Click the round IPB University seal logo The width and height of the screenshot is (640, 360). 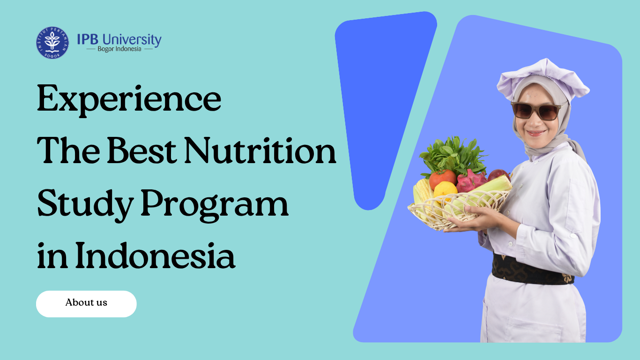tap(52, 43)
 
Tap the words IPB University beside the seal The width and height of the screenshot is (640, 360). tap(119, 40)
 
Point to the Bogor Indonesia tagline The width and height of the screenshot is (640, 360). tap(119, 49)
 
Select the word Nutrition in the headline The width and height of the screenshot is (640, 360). tap(260, 151)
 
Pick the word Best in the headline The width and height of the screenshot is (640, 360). tap(142, 151)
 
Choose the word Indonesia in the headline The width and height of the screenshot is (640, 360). tap(155, 255)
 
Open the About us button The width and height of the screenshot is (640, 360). tap(86, 304)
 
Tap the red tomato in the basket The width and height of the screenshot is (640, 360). tap(442, 179)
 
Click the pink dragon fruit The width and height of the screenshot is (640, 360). tap(471, 181)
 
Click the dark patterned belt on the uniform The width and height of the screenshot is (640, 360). tap(533, 270)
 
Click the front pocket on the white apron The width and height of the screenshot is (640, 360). tap(534, 330)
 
